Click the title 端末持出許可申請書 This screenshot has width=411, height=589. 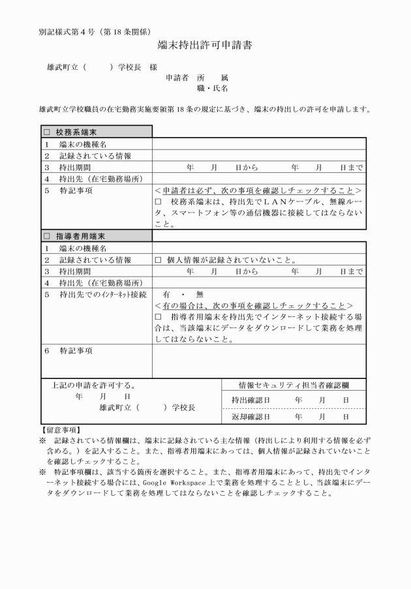(x=205, y=46)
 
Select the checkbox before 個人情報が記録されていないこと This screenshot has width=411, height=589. (x=158, y=260)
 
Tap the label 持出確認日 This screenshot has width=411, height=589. (x=251, y=399)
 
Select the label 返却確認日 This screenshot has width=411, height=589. (x=251, y=415)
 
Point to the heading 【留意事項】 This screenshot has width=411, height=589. (x=60, y=429)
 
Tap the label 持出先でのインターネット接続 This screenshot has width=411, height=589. (x=102, y=295)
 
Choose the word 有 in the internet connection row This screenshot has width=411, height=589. (x=167, y=295)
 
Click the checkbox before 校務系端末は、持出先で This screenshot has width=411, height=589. (x=158, y=202)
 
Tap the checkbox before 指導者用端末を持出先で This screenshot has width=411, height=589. (x=158, y=316)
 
